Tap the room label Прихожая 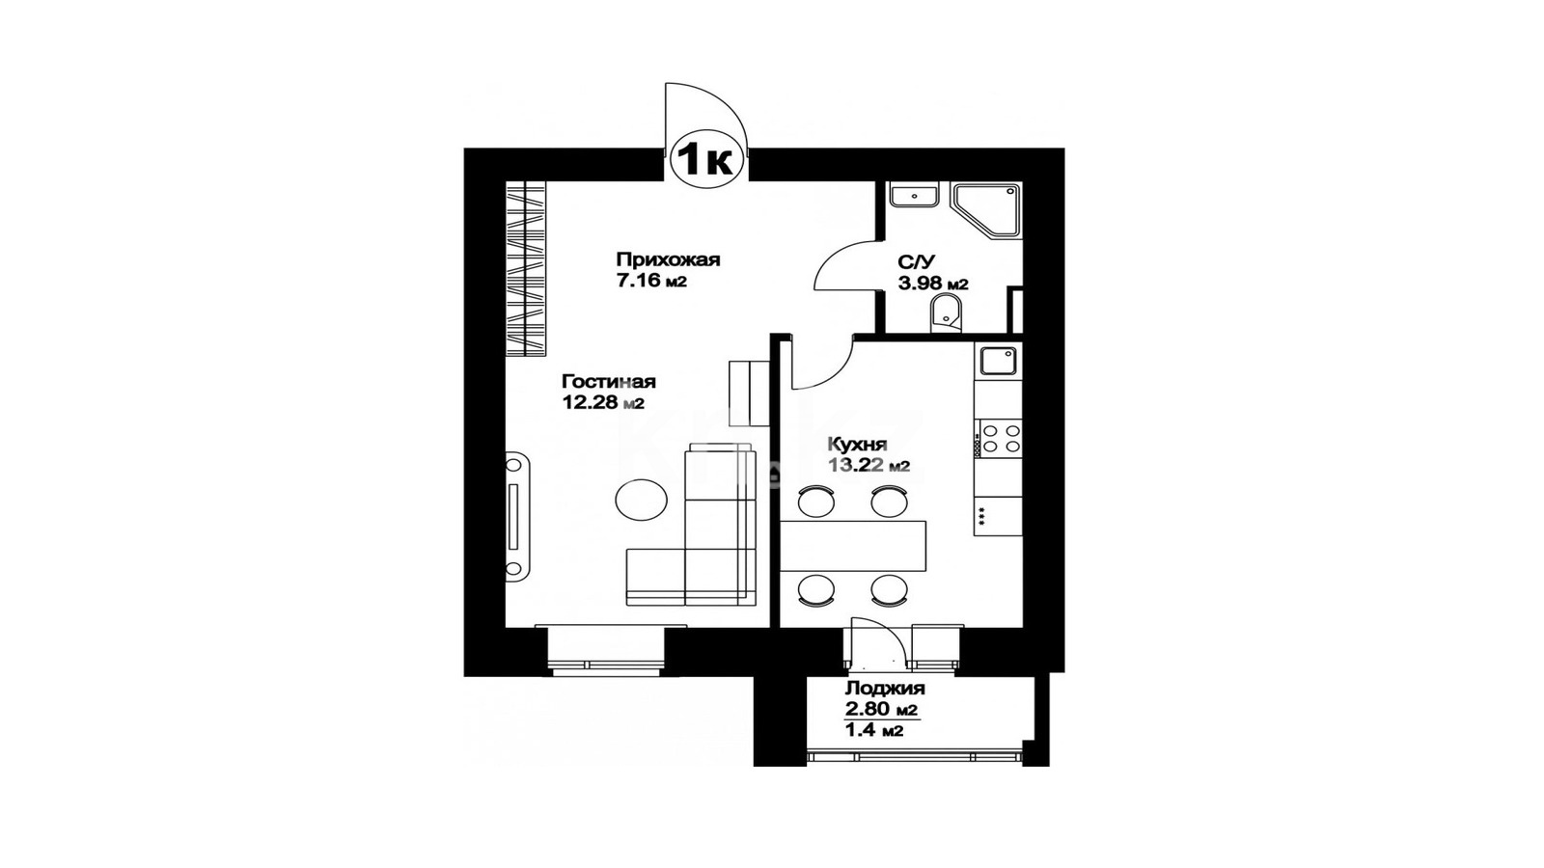[668, 259]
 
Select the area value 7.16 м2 [652, 281]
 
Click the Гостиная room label [609, 382]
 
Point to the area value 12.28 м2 [603, 403]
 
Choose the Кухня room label [857, 445]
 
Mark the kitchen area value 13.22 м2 [868, 467]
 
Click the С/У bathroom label [916, 261]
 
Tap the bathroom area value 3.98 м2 [933, 284]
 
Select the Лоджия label [885, 689]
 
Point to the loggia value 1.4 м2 [874, 730]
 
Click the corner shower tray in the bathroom [985, 211]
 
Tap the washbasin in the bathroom [913, 195]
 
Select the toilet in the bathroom [947, 314]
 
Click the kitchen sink [998, 361]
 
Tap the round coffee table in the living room [641, 500]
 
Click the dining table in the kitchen [853, 546]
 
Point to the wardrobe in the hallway [526, 269]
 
